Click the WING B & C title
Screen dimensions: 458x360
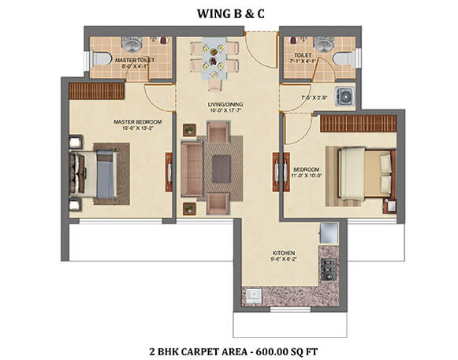(231, 13)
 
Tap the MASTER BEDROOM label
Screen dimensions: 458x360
(138, 122)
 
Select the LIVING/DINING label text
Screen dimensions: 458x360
(225, 104)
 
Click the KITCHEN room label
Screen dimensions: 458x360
(284, 253)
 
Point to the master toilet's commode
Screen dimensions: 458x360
(100, 58)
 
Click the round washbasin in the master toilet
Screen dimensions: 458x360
(132, 43)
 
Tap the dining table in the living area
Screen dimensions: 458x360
(214, 58)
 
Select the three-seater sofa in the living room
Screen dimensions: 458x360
(192, 169)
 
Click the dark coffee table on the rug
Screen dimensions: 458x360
(221, 169)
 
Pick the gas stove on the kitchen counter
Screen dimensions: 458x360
(329, 269)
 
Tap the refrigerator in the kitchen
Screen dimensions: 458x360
(329, 233)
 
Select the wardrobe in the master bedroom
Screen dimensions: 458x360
(97, 91)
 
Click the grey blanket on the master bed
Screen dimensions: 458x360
(106, 174)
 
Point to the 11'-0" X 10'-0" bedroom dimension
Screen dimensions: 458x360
(306, 176)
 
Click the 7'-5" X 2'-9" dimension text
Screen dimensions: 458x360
(314, 98)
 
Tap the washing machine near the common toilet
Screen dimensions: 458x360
(345, 96)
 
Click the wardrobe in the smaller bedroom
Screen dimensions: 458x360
(359, 124)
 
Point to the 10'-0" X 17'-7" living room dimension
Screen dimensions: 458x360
(226, 110)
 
